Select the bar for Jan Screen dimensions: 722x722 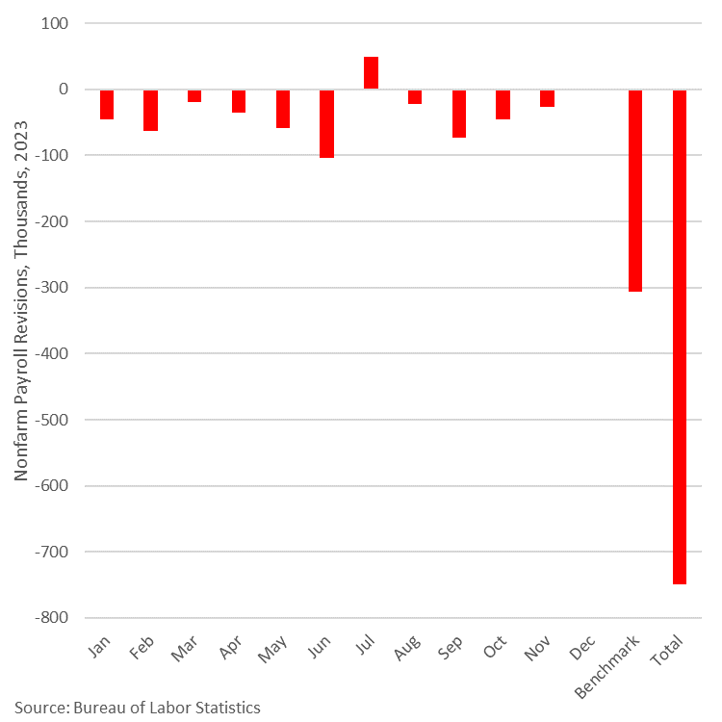click(x=107, y=104)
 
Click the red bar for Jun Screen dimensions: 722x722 click(x=327, y=123)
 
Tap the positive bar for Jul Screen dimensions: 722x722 click(x=371, y=73)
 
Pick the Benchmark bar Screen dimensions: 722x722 click(x=635, y=190)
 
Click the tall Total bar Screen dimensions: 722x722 click(x=680, y=337)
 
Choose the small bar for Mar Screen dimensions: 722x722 click(x=194, y=95)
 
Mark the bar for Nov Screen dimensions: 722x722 click(x=547, y=98)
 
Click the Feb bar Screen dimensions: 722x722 click(x=151, y=110)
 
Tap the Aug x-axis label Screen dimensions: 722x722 click(x=405, y=652)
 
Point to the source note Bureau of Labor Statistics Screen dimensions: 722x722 click(x=137, y=708)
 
